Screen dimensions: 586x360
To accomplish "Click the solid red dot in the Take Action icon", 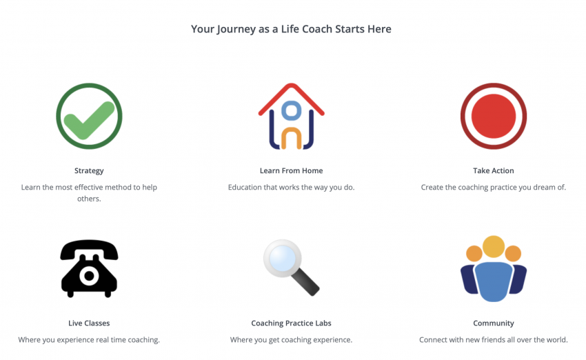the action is coord(494,117).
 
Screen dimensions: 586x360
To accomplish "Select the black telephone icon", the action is coord(89,268).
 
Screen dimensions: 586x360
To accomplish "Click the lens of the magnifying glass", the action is coord(283,258).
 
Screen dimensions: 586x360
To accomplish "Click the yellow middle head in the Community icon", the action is coord(494,246).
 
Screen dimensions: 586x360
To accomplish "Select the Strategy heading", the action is coord(89,171).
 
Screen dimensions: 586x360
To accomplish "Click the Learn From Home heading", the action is coord(291,170).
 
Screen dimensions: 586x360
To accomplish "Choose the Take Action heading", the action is coord(494,170).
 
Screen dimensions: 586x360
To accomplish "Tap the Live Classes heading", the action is coord(89,323).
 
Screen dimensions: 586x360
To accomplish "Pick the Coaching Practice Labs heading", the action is coord(291,323).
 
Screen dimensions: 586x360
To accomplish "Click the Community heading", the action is coord(494,323).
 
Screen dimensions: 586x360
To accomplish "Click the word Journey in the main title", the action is coord(236,30).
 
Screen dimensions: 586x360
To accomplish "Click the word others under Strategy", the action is coord(89,199).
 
